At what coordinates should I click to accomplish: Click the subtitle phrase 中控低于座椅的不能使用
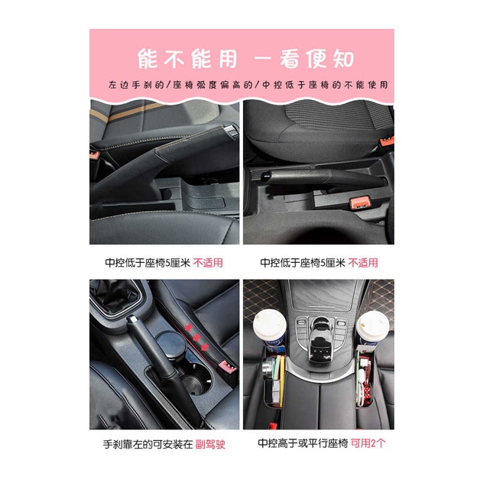pos(325,85)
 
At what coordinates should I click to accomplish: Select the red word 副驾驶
pos(209,444)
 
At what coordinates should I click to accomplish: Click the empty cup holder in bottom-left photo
pos(194,383)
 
